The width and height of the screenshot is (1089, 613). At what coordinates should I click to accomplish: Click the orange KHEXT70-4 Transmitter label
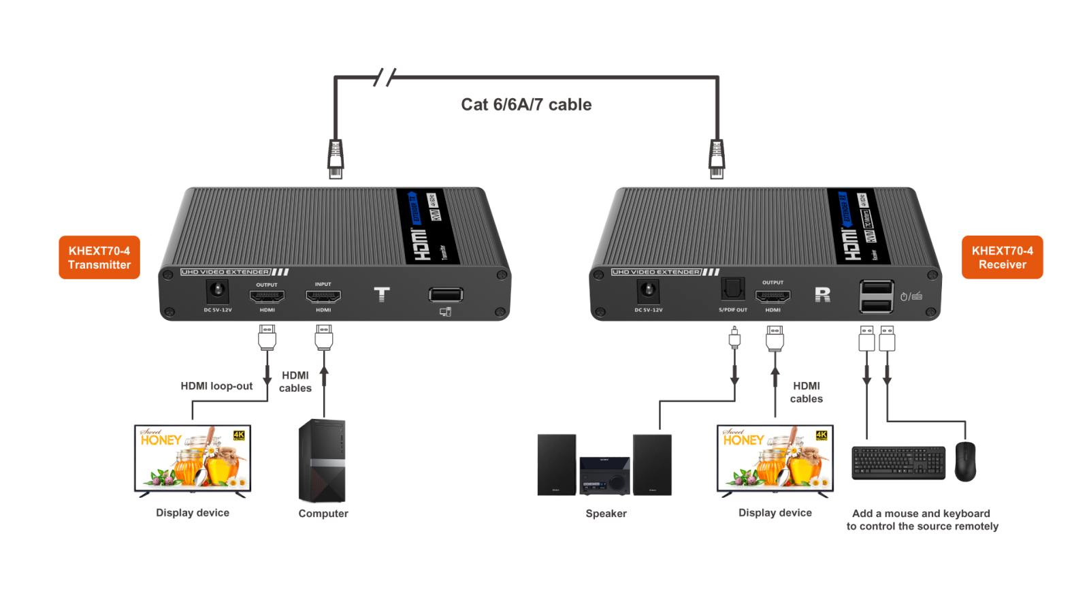pos(99,257)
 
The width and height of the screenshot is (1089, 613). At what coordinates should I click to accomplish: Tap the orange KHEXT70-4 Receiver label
pos(1002,257)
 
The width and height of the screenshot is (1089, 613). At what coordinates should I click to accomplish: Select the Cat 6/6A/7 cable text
pos(526,104)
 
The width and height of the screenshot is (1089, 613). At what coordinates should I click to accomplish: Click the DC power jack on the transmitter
pos(218,292)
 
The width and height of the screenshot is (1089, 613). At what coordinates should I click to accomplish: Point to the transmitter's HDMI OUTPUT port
pos(267,297)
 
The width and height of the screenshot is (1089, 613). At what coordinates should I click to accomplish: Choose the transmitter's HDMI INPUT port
pos(323,297)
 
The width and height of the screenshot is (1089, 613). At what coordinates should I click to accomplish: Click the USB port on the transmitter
pos(446,295)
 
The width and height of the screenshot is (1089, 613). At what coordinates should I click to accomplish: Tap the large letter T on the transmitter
pos(382,294)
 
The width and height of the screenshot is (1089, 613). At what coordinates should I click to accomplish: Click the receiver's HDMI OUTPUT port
pos(773,296)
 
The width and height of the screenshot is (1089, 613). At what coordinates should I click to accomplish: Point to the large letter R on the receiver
pos(822,294)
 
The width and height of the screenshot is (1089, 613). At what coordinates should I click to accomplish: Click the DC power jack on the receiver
pos(649,292)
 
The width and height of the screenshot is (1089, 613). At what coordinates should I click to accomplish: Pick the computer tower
pos(322,461)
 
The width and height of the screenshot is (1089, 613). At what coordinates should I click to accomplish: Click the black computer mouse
pos(965,461)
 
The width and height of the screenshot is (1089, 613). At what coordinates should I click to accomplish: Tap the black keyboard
pos(898,462)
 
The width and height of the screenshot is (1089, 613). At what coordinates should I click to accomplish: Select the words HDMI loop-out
pos(216,386)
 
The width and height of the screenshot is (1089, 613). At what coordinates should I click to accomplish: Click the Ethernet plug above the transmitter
pos(335,158)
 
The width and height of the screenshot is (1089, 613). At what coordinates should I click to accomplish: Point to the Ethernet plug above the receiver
pos(717,158)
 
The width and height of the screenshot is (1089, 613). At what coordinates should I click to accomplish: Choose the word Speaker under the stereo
pos(606,514)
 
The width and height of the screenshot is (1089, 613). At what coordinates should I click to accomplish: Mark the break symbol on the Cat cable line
pos(385,78)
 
